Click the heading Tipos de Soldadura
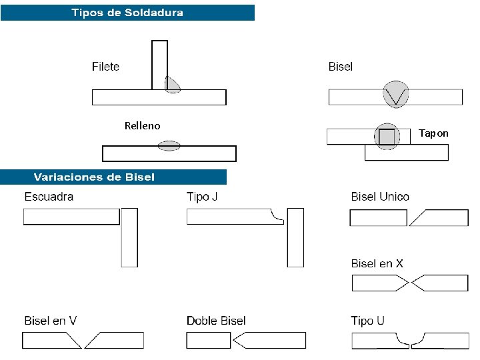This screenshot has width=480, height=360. [x=127, y=13]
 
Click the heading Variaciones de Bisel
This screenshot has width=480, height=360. [x=94, y=177]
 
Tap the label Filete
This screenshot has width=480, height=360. [x=105, y=66]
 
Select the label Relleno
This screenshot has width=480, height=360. [x=142, y=125]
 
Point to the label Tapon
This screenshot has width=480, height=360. [x=433, y=133]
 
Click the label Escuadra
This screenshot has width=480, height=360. [x=49, y=197]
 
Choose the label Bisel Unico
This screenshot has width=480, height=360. [x=380, y=197]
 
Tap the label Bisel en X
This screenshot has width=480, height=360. [x=377, y=263]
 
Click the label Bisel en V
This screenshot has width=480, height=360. [x=50, y=321]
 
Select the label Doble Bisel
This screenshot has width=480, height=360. [x=216, y=321]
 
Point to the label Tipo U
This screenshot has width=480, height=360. [x=367, y=321]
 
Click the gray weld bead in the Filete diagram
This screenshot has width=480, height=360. [x=172, y=83]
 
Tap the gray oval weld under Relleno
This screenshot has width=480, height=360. [x=169, y=145]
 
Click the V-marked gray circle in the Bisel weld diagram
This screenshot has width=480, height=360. [x=397, y=95]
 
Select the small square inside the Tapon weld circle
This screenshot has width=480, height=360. [x=386, y=137]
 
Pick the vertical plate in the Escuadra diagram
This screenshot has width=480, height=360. [x=129, y=237]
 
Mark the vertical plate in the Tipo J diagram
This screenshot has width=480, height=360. [x=295, y=237]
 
